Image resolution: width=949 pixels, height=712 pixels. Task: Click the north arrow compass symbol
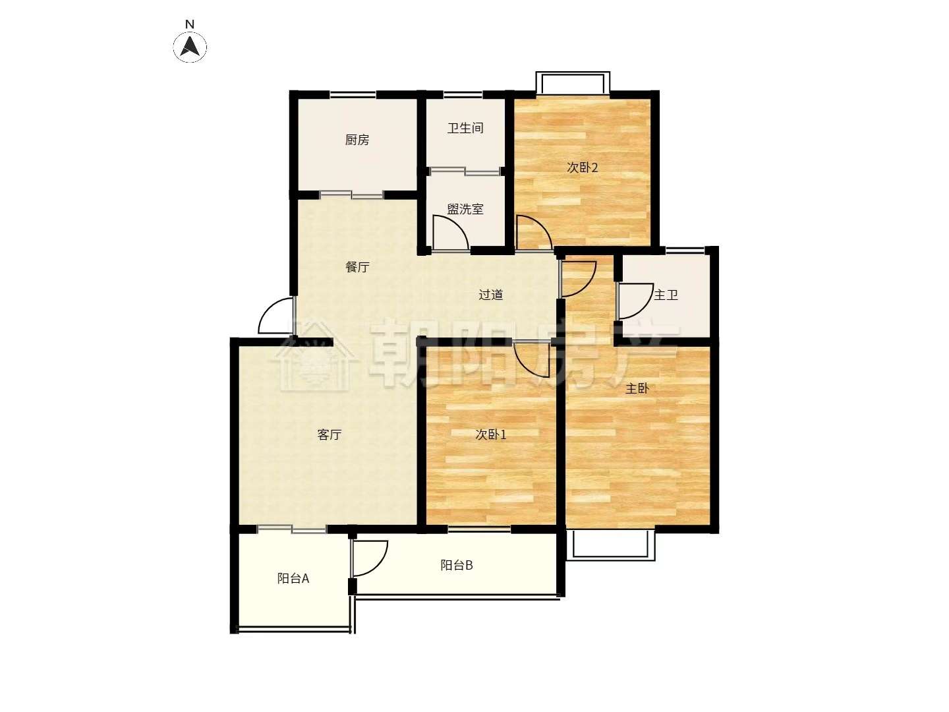pyautogui.click(x=190, y=46)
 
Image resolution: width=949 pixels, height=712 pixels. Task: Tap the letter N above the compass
pyautogui.click(x=189, y=24)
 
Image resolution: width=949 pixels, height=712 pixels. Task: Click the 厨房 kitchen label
pyautogui.click(x=357, y=140)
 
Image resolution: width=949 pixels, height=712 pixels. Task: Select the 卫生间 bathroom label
pyautogui.click(x=465, y=128)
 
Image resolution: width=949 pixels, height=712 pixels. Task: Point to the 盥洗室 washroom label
pyautogui.click(x=465, y=209)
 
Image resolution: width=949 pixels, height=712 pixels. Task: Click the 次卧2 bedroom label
pyautogui.click(x=582, y=167)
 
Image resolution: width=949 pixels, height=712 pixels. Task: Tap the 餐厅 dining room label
pyautogui.click(x=357, y=267)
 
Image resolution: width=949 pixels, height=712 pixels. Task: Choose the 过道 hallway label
pyautogui.click(x=491, y=295)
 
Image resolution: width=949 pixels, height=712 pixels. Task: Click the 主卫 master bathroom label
pyautogui.click(x=666, y=295)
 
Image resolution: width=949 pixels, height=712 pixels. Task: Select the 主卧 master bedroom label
pyautogui.click(x=637, y=388)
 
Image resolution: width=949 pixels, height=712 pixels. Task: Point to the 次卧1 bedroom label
pyautogui.click(x=491, y=434)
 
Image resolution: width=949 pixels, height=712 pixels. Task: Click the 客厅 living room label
pyautogui.click(x=330, y=434)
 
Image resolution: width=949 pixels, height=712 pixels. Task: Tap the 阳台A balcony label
pyautogui.click(x=293, y=578)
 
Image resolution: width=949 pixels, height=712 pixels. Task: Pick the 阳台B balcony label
pyautogui.click(x=457, y=565)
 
